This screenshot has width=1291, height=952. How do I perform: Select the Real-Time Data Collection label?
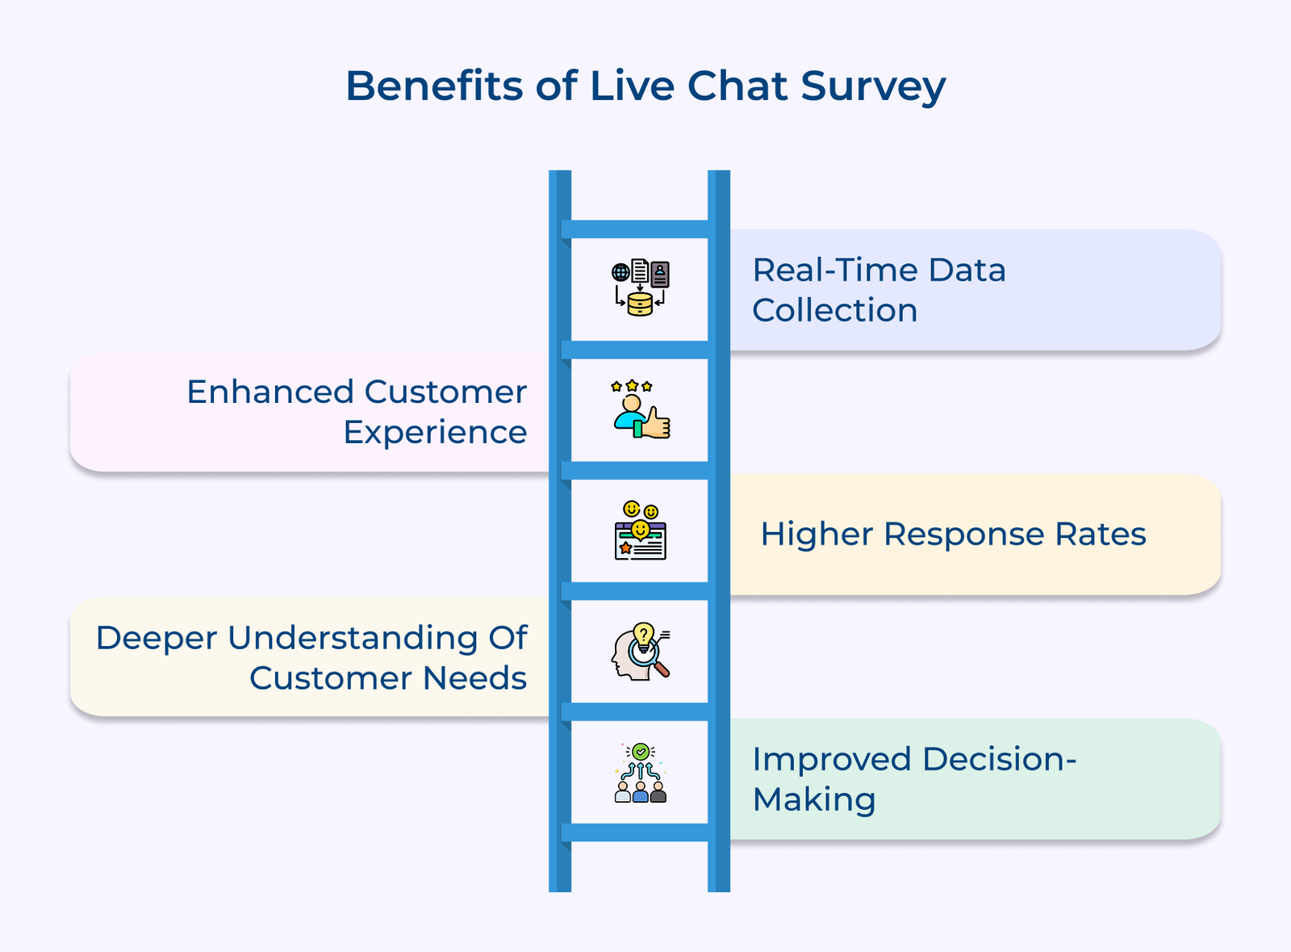[x=879, y=290]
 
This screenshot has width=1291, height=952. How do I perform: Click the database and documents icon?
[x=640, y=287]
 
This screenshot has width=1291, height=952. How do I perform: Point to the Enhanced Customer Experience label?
[x=356, y=412]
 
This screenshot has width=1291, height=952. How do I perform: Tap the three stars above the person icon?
[x=632, y=387]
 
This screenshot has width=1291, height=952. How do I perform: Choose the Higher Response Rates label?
[x=953, y=535]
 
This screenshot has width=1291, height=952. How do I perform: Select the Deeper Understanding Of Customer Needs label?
[x=311, y=657]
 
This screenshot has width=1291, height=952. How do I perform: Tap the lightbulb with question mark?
[x=643, y=635]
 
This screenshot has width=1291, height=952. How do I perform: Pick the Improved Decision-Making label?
[x=913, y=779]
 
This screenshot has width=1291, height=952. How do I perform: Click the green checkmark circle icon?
[x=641, y=752]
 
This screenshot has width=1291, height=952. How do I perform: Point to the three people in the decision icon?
[x=641, y=791]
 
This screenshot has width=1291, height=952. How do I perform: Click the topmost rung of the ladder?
[x=639, y=229]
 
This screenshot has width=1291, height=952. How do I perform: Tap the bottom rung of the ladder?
[x=639, y=832]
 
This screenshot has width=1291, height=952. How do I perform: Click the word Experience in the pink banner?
[x=435, y=433]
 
